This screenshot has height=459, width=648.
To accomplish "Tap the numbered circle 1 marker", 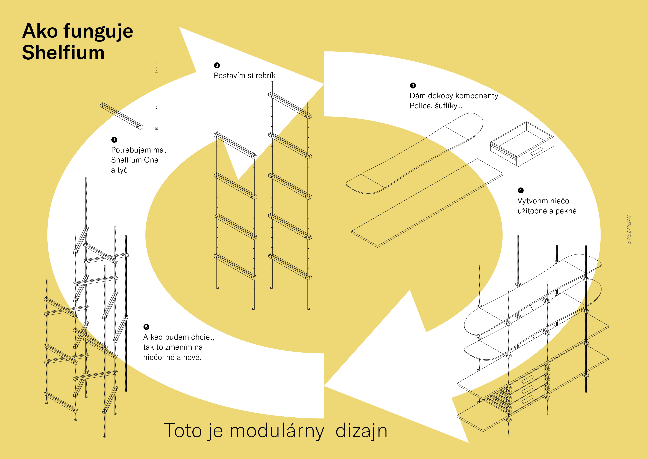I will [114, 140].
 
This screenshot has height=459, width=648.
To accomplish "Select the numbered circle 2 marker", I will [217, 65].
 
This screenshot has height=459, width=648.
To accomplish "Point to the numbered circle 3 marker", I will [413, 85].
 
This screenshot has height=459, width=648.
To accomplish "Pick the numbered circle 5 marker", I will [146, 327].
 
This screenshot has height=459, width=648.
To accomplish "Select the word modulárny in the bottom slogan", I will [277, 431].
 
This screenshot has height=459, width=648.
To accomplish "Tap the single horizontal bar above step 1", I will [121, 116].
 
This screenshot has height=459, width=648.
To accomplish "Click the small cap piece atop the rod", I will [156, 65].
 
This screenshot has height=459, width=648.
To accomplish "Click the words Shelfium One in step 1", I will [134, 160].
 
